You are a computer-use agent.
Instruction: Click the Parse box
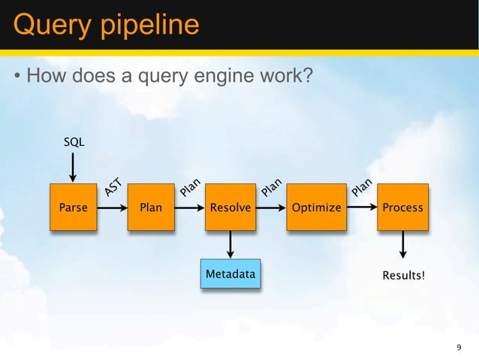[73, 207]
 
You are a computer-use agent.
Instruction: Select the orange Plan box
[151, 207]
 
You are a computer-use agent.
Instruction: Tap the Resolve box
[230, 207]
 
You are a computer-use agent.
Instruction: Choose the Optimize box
[316, 207]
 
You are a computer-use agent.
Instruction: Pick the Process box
[403, 207]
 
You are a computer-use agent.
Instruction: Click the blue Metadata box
[230, 274]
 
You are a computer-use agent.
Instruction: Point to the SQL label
[73, 141]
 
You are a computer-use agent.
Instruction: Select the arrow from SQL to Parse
[73, 167]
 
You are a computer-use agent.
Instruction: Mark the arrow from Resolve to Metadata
[230, 244]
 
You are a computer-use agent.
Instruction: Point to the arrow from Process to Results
[403, 244]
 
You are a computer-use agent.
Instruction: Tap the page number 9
[459, 347]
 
